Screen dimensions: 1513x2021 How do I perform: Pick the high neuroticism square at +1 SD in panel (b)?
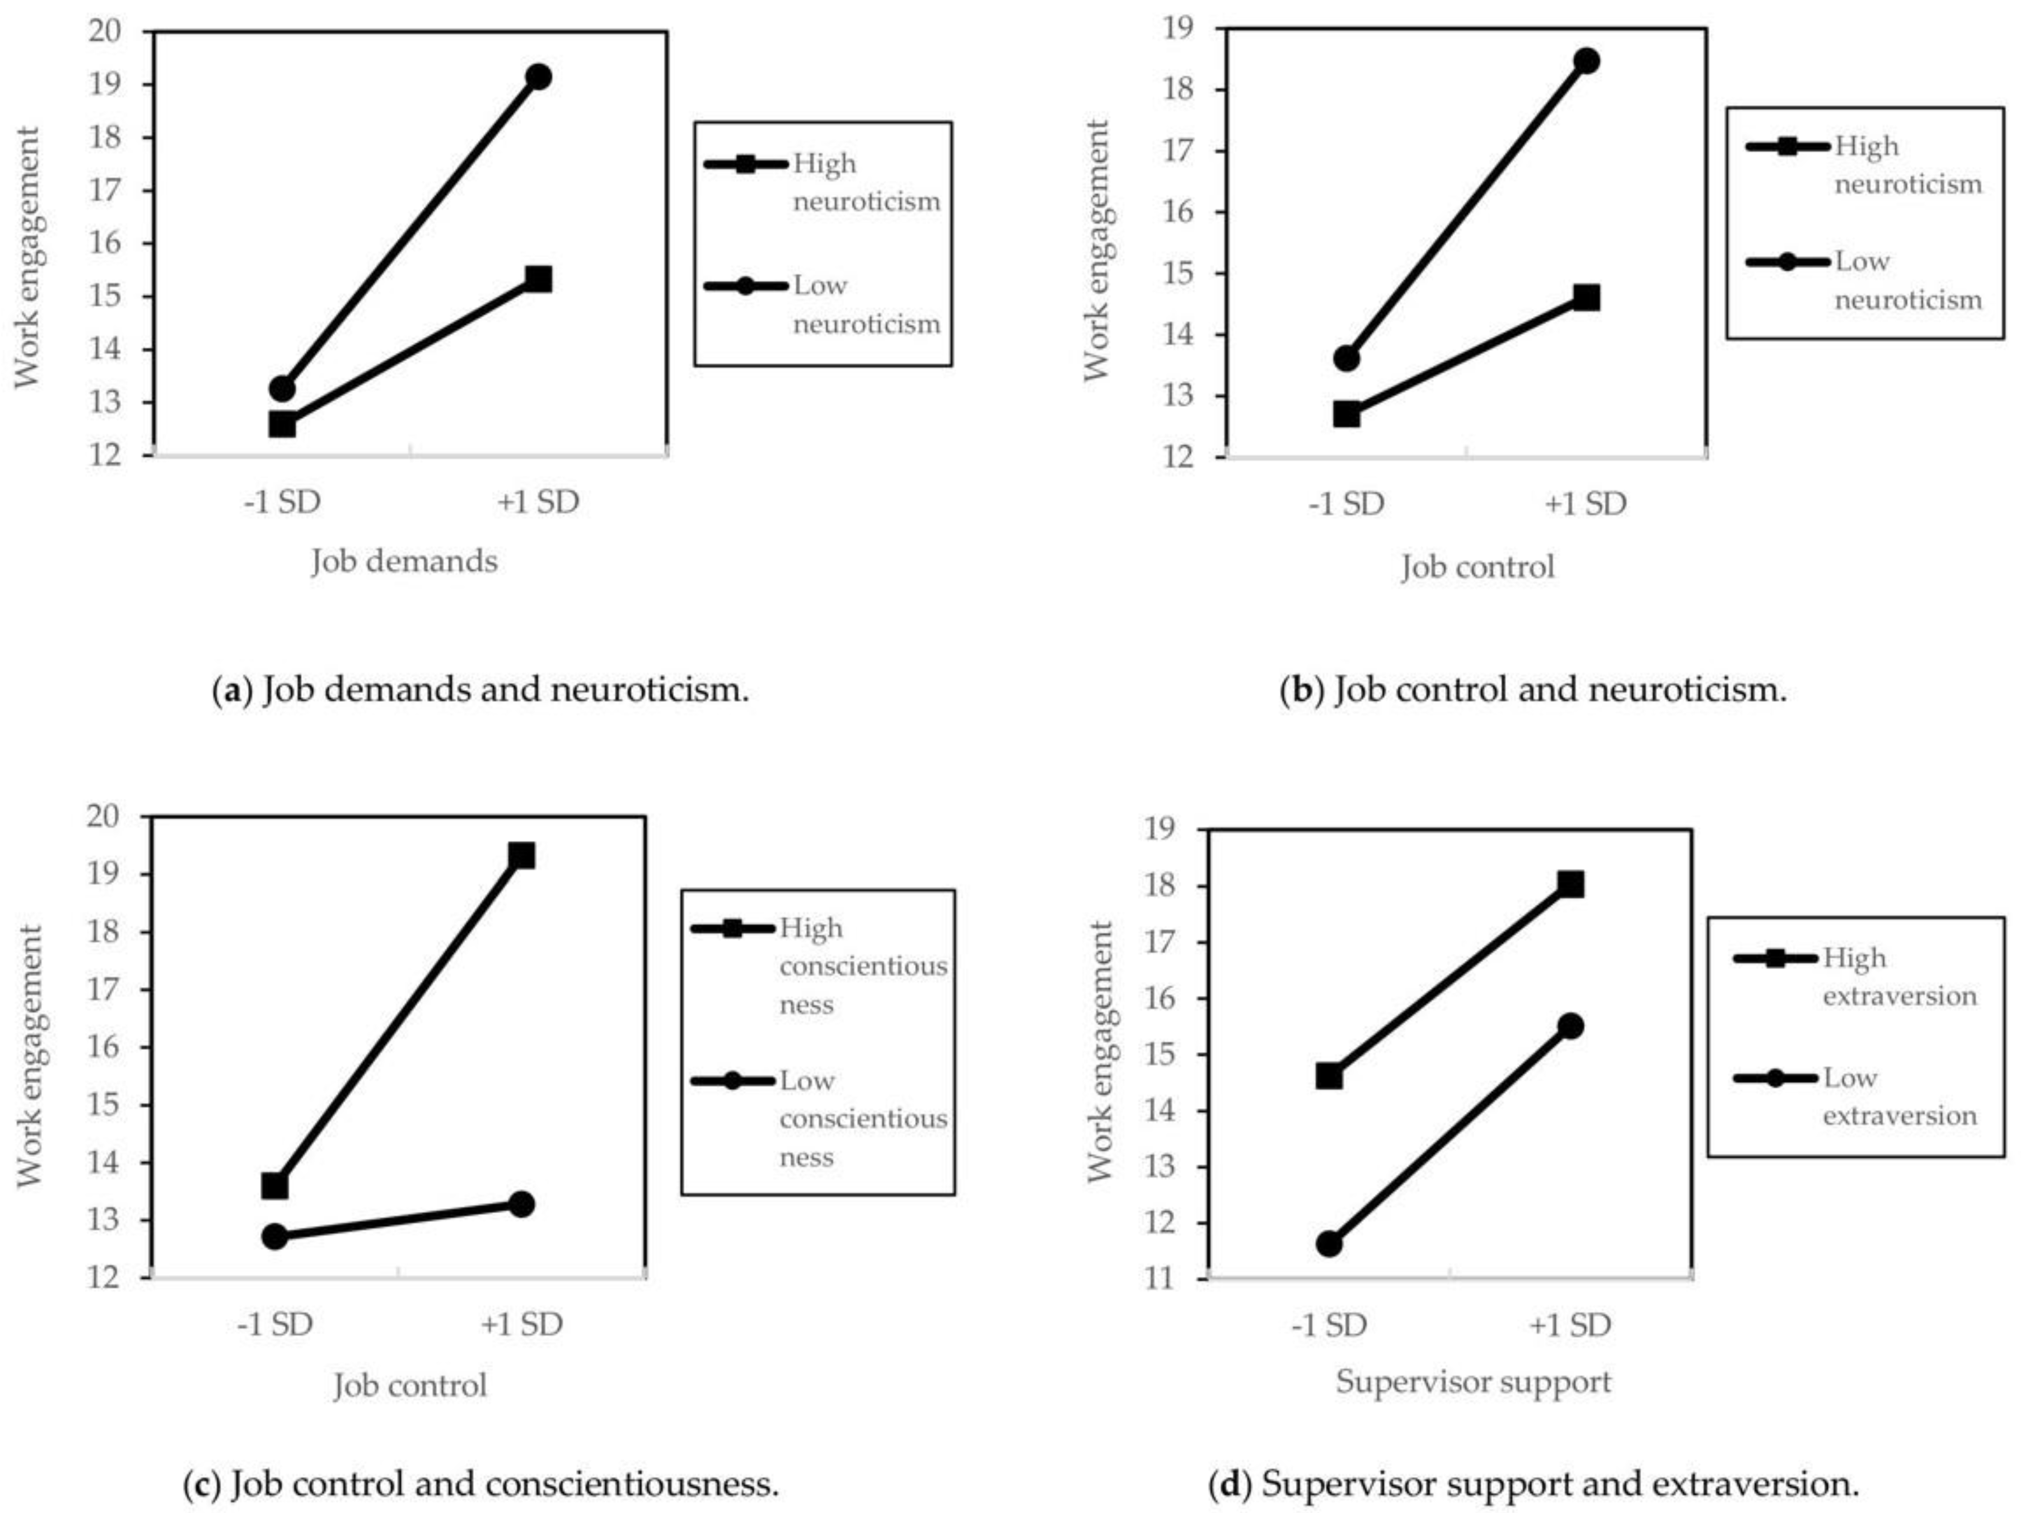click(1586, 298)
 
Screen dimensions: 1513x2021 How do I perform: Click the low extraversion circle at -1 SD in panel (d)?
click(1329, 1244)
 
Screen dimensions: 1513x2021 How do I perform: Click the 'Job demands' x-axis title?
click(405, 561)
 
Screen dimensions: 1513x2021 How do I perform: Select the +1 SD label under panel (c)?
click(522, 1324)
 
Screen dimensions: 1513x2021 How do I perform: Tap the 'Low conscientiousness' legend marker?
click(732, 1081)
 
